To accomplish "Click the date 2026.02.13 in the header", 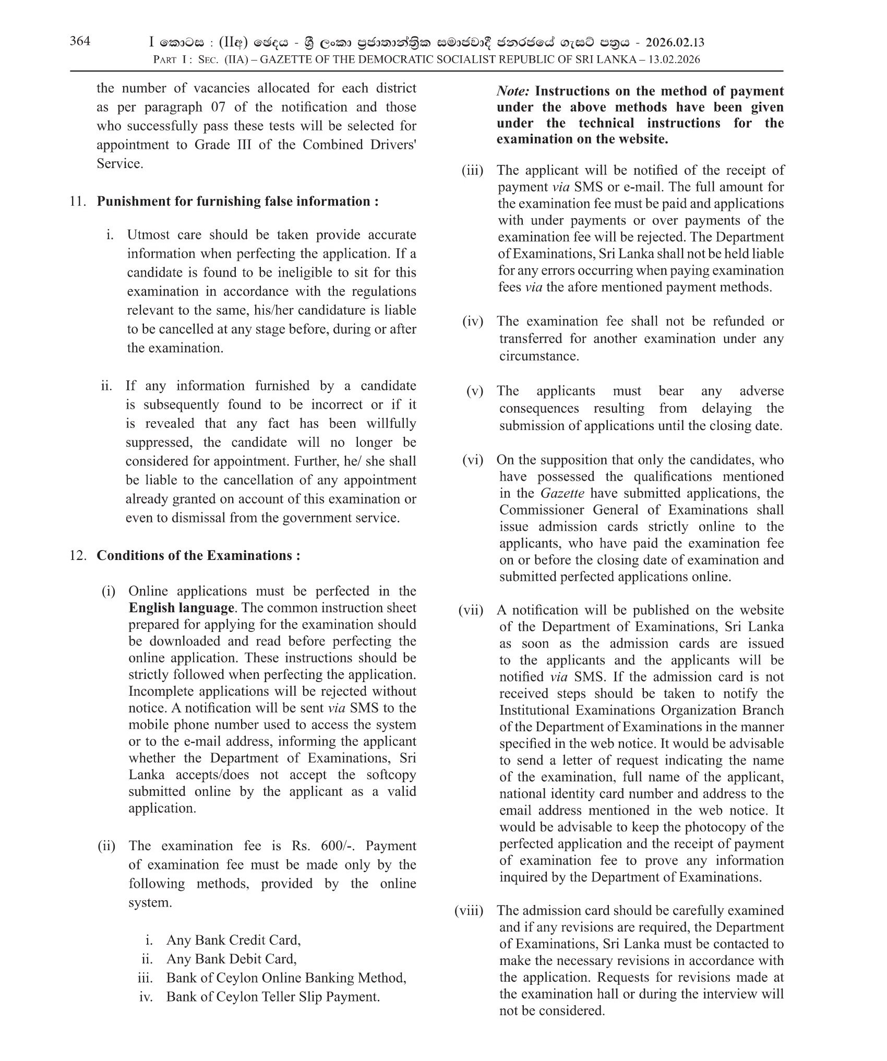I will click(x=675, y=42).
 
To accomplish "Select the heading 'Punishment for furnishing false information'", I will click(x=237, y=201).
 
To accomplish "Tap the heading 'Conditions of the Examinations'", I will click(x=198, y=555).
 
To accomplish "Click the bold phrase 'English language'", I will click(x=181, y=608).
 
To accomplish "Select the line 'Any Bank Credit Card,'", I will click(x=233, y=940).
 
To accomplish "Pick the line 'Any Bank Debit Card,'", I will click(x=231, y=959).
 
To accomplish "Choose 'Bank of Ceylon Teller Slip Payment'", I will click(x=272, y=997).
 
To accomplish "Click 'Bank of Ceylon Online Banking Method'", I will click(x=286, y=978).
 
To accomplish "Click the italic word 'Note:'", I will click(x=513, y=91).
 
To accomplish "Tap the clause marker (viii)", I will click(x=469, y=911).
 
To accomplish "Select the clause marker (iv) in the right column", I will click(x=473, y=321).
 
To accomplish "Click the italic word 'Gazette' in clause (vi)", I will click(x=562, y=493).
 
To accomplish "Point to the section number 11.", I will click(x=77, y=201).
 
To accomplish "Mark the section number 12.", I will click(x=77, y=555).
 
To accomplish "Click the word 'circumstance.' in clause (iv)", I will click(x=532, y=356).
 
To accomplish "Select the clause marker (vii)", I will click(x=471, y=610).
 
